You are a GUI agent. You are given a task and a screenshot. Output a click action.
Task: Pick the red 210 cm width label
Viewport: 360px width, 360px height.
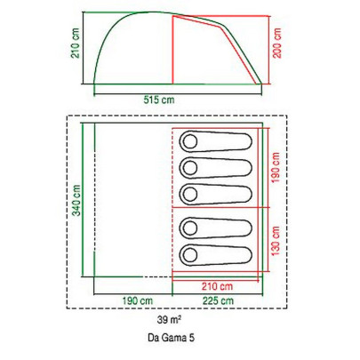click(217, 286)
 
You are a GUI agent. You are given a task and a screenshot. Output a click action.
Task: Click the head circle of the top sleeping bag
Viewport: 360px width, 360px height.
click(190, 142)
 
